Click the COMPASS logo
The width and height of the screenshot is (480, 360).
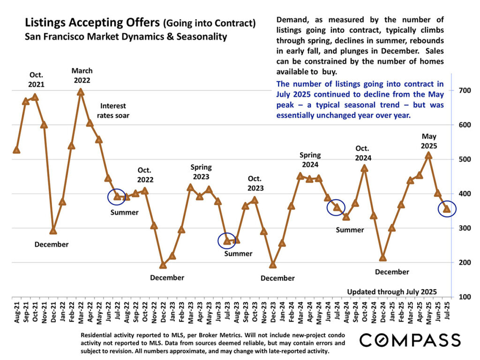point(410,340)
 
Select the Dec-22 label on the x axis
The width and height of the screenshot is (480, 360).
point(163,311)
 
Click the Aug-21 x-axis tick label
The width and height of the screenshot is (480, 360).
point(17,311)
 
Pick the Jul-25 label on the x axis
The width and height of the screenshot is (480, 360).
point(447,311)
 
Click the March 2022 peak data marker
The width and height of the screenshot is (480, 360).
point(81,92)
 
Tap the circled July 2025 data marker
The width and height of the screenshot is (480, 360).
point(447,209)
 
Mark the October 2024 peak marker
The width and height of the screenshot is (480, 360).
point(365,168)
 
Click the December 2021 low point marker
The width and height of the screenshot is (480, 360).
point(53,230)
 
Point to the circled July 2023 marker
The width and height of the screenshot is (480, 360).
point(226,241)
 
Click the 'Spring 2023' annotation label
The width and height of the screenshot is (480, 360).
point(201,172)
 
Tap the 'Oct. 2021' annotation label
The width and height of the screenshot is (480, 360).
point(37,80)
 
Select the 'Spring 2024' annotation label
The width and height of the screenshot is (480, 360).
point(310,160)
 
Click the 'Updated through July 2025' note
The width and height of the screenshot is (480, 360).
point(392,292)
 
